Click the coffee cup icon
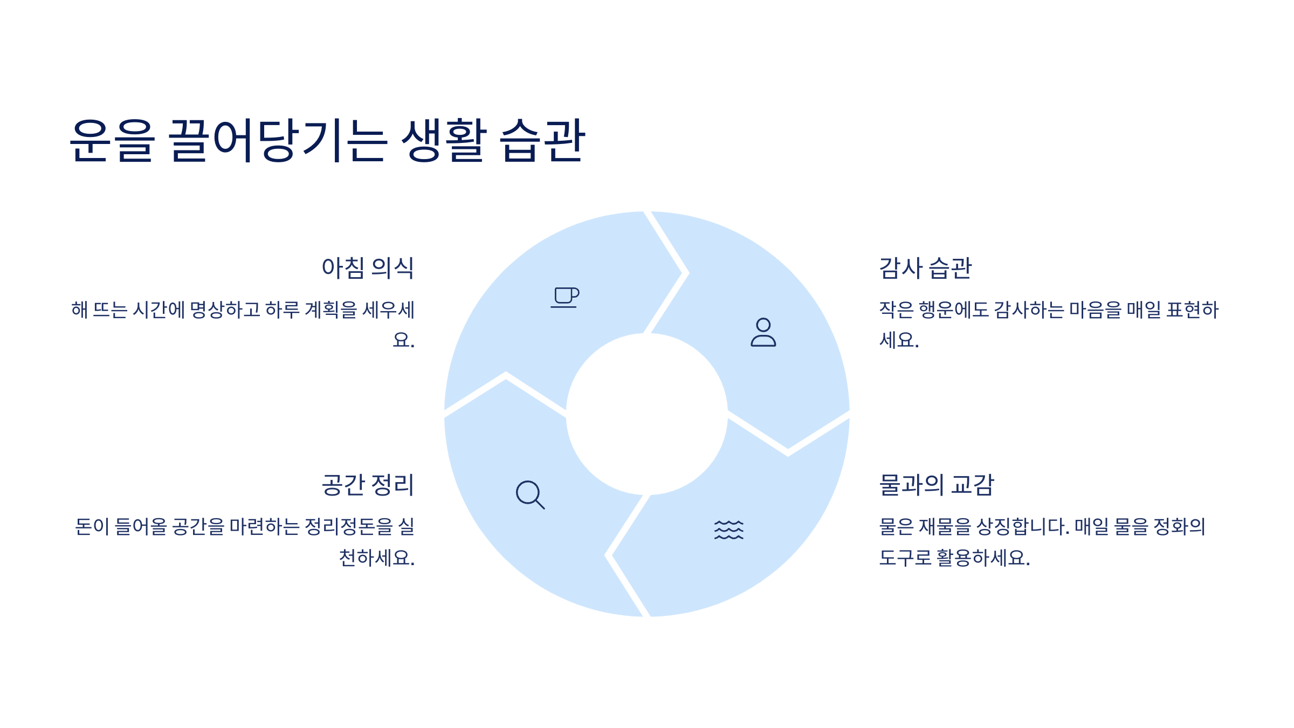click(565, 297)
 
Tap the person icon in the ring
click(763, 332)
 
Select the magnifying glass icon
click(530, 495)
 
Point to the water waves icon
click(728, 530)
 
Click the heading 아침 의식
click(368, 268)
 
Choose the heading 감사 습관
click(925, 268)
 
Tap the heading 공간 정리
click(368, 485)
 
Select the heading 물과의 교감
click(937, 485)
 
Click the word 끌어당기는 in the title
click(278, 140)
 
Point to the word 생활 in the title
click(444, 140)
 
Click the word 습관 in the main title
click(542, 140)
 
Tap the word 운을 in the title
click(112, 140)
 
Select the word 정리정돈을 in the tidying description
click(349, 527)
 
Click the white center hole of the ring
click(646, 414)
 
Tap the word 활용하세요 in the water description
click(983, 558)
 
